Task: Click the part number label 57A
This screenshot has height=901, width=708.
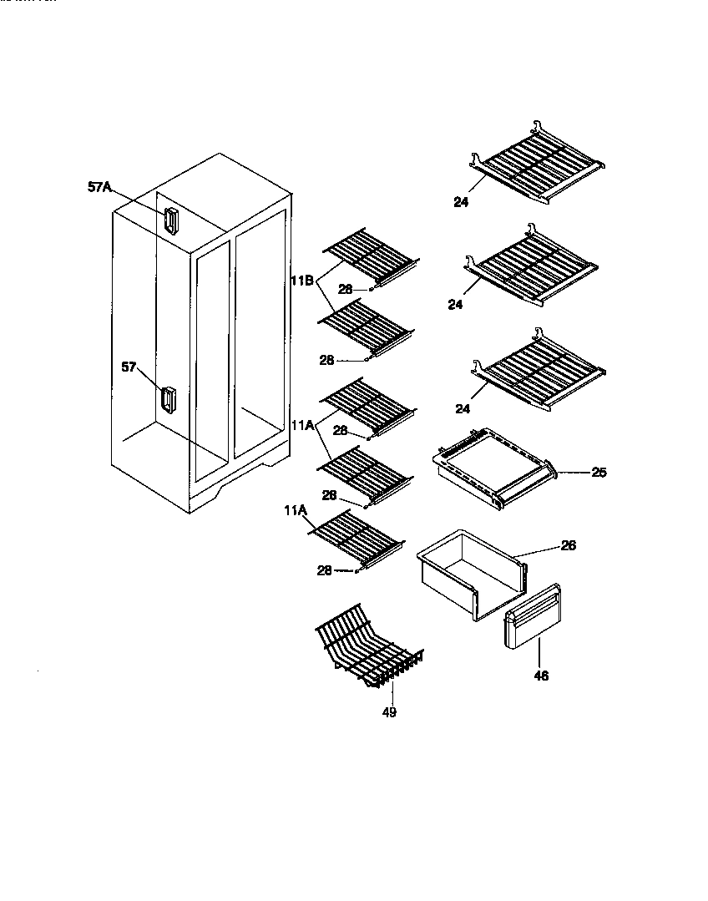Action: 99,188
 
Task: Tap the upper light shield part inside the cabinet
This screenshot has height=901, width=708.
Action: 171,220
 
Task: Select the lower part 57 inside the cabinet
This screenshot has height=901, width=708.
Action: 169,400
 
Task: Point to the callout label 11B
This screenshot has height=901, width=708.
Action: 301,281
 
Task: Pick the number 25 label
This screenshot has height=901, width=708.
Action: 599,473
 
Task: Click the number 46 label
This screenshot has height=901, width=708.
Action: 541,676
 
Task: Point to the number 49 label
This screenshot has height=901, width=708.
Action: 389,712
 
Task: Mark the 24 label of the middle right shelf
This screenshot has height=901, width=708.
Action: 454,305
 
